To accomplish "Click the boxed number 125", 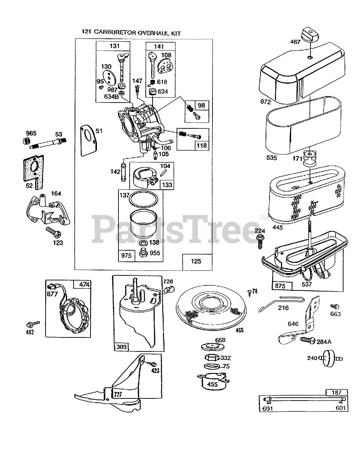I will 196,261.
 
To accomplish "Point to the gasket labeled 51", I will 88,140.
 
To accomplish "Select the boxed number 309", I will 121,346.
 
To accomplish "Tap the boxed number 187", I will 336,393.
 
